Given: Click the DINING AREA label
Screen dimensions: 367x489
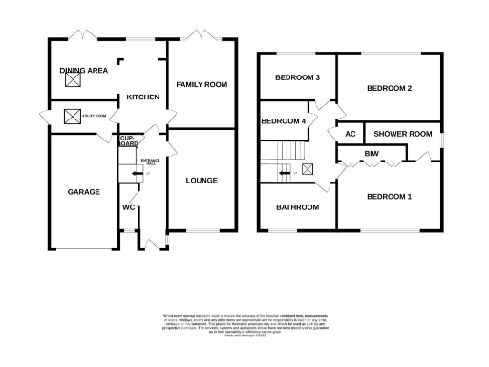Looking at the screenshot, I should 83,70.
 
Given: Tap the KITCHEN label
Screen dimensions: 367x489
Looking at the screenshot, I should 143,97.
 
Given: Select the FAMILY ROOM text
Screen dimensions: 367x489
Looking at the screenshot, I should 202,85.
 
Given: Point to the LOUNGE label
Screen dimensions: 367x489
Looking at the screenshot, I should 202,180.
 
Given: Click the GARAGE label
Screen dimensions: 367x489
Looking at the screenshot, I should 83,192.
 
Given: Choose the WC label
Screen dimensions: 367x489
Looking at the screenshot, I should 129,207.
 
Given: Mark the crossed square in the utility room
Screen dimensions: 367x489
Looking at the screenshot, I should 71,117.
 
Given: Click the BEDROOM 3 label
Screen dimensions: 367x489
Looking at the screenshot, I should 297,77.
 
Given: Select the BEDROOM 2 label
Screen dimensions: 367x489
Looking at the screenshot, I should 390,89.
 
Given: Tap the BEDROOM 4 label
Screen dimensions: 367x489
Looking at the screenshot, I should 284,121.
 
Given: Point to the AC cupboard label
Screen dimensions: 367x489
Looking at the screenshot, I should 351,134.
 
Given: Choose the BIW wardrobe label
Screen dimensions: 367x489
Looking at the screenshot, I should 371,153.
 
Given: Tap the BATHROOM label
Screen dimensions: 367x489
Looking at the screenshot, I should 297,206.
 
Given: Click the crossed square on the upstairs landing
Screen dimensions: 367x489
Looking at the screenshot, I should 307,169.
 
